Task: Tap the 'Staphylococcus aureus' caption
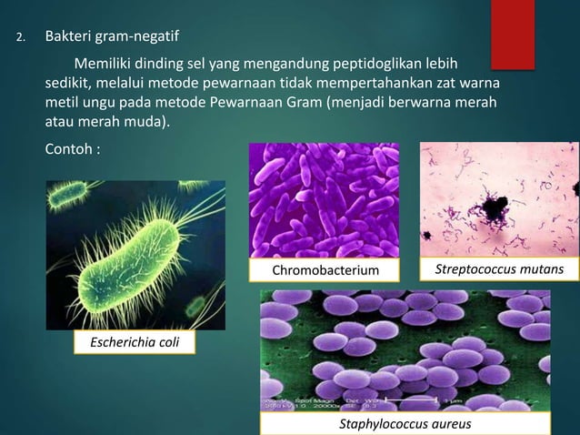coord(405,424)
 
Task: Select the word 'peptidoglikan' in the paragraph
coord(386,65)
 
